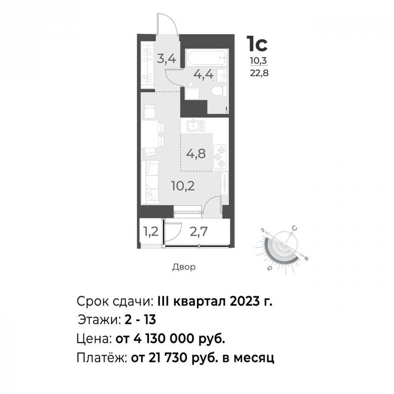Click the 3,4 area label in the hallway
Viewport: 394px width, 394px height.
pyautogui.click(x=166, y=59)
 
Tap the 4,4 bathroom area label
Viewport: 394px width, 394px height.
pyautogui.click(x=203, y=74)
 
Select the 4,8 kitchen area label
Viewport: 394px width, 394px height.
pyautogui.click(x=196, y=153)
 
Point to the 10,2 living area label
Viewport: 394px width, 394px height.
pyautogui.click(x=183, y=186)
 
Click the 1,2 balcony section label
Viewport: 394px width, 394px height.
pyautogui.click(x=151, y=231)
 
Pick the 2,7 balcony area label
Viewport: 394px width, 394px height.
pyautogui.click(x=198, y=231)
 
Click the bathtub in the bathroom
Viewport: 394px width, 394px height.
pyautogui.click(x=206, y=58)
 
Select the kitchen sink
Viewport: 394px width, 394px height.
pyautogui.click(x=196, y=126)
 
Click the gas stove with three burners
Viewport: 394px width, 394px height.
pyautogui.click(x=220, y=157)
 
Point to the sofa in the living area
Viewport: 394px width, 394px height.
pyautogui.click(x=150, y=182)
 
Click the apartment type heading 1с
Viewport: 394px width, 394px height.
pyautogui.click(x=257, y=44)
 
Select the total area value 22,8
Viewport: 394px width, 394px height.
pyautogui.click(x=259, y=73)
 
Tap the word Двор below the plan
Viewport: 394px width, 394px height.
pyautogui.click(x=184, y=267)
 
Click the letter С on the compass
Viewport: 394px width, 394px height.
pyautogui.click(x=295, y=229)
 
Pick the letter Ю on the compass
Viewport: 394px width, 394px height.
pyautogui.click(x=269, y=268)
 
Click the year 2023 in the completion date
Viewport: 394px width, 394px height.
pyautogui.click(x=244, y=301)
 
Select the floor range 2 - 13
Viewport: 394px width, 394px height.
pyautogui.click(x=140, y=320)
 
